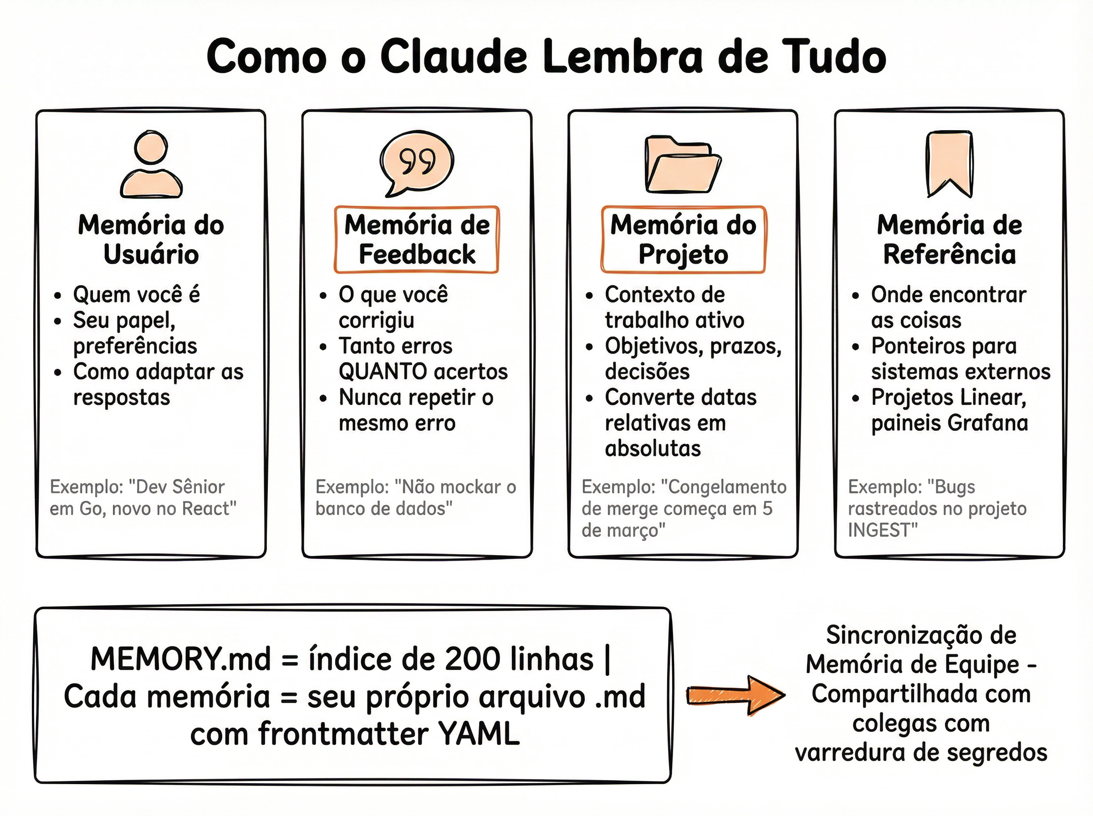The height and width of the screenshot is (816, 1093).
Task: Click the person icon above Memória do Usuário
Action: coord(151,165)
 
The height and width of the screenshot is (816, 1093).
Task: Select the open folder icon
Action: coord(683,165)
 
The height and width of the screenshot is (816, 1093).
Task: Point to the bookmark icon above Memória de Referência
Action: coord(949,163)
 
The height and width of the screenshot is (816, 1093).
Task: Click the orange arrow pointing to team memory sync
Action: coord(735,695)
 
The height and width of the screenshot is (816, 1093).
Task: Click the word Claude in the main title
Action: coord(454,57)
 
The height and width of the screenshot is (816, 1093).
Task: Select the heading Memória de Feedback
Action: coord(417,240)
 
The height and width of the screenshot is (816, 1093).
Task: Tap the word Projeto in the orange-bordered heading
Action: coord(683,255)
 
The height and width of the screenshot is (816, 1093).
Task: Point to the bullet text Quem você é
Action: coord(136,295)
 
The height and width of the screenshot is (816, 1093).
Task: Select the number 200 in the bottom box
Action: coord(470,659)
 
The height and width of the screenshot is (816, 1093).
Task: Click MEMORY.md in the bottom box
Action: coord(181,659)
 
